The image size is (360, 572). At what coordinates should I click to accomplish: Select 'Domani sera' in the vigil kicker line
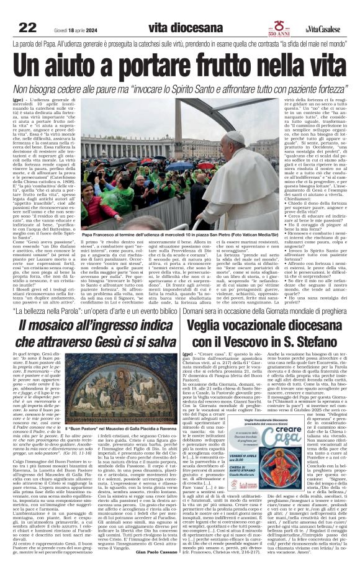(200, 308)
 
